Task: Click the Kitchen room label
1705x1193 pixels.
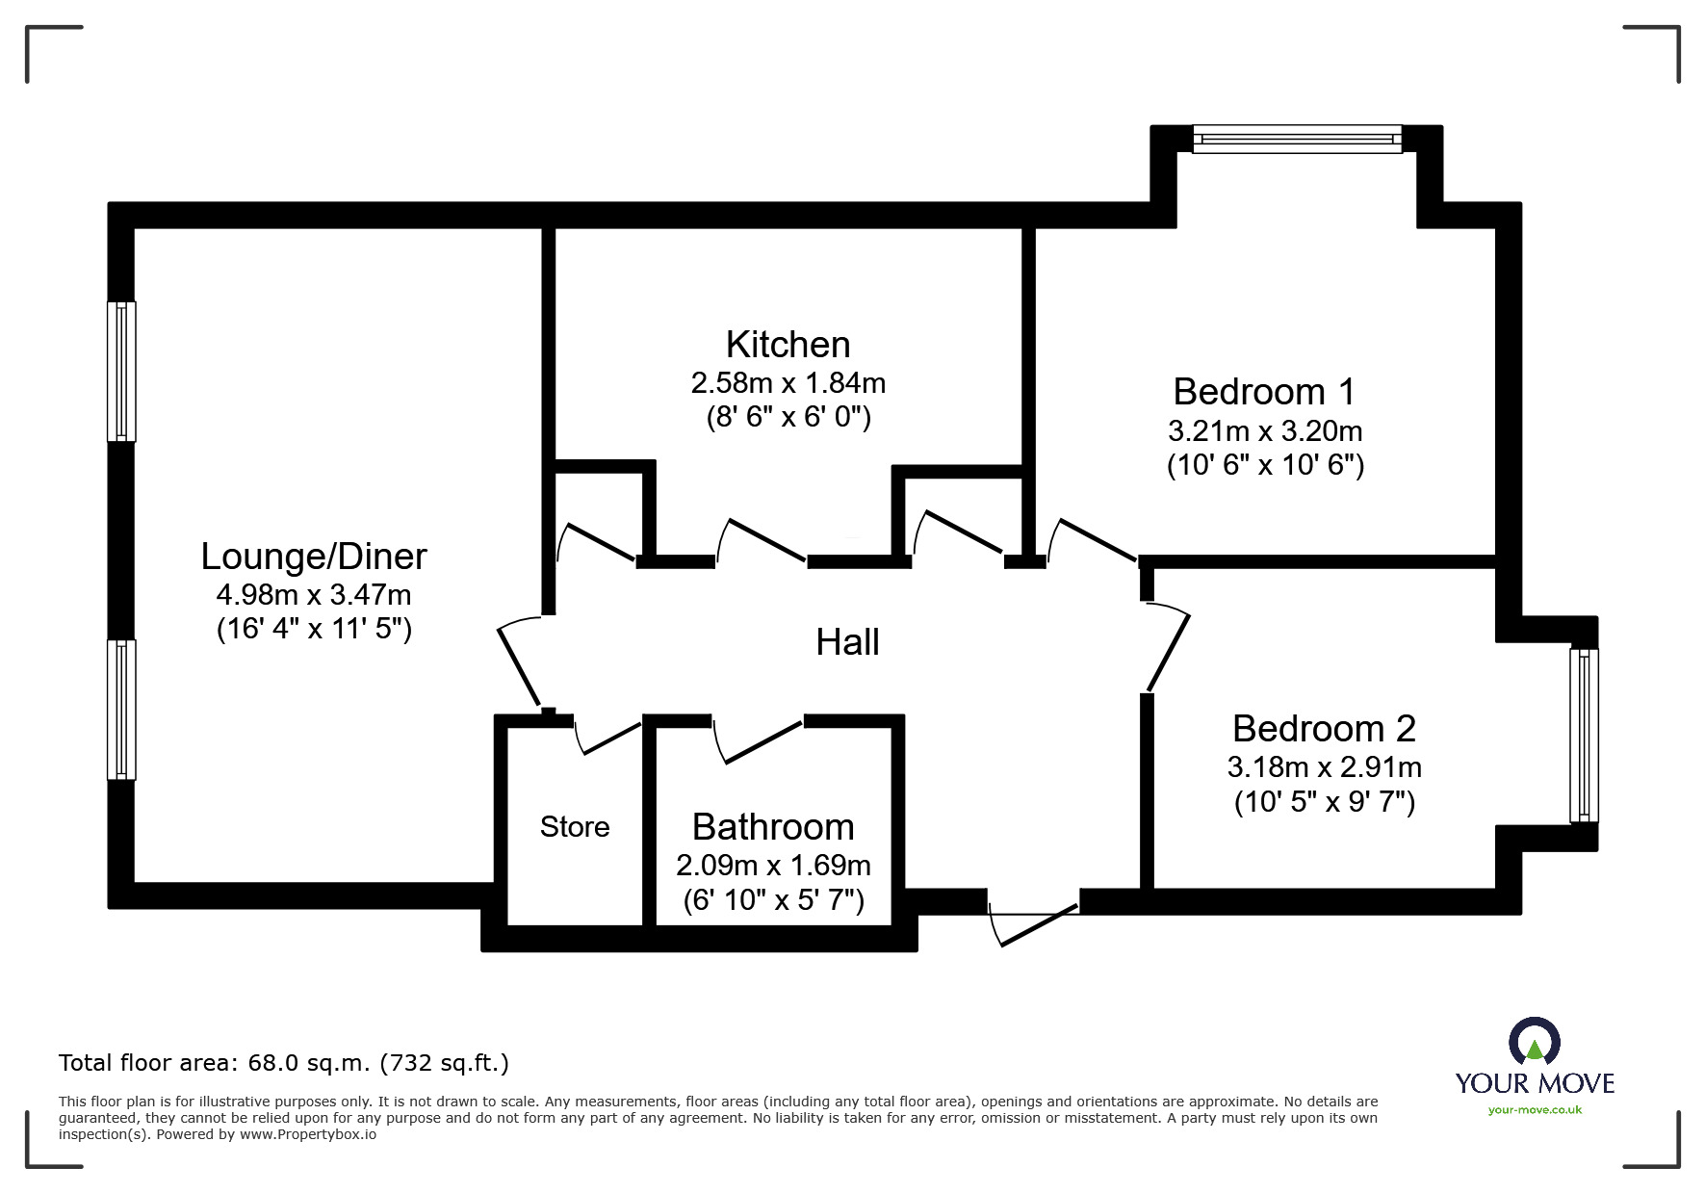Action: pyautogui.click(x=788, y=344)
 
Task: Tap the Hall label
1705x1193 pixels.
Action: pyautogui.click(x=847, y=642)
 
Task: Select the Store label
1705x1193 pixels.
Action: pyautogui.click(x=575, y=826)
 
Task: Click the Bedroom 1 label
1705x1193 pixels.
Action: pyautogui.click(x=1264, y=392)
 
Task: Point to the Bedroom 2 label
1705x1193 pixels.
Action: pyautogui.click(x=1324, y=729)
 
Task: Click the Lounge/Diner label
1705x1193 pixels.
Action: pyautogui.click(x=314, y=557)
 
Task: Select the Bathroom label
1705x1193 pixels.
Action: pyautogui.click(x=773, y=827)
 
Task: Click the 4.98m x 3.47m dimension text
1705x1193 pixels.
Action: pyautogui.click(x=314, y=594)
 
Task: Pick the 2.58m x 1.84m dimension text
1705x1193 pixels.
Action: pyautogui.click(x=788, y=383)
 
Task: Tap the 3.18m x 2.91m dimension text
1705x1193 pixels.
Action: pyautogui.click(x=1324, y=767)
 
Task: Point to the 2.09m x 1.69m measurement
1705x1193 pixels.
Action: pyautogui.click(x=773, y=866)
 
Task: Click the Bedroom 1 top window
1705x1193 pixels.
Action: pyautogui.click(x=1297, y=139)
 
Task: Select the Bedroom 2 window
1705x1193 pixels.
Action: pyautogui.click(x=1584, y=736)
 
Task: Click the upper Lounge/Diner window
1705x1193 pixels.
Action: pyautogui.click(x=121, y=372)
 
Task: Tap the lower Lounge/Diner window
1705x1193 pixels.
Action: pyautogui.click(x=121, y=710)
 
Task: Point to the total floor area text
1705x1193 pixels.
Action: pyautogui.click(x=284, y=1063)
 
